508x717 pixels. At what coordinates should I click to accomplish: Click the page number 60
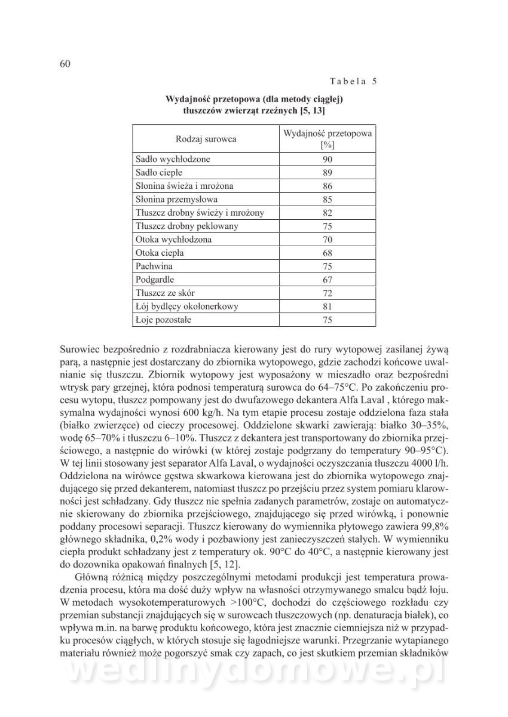(x=66, y=64)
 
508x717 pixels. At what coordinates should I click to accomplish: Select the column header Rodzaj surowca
(x=206, y=139)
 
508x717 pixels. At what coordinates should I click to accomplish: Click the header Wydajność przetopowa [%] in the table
(x=327, y=139)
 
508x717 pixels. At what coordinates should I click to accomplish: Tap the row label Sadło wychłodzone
(x=173, y=160)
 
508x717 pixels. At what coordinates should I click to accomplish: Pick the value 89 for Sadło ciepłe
(x=327, y=173)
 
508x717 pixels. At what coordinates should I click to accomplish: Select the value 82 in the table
(x=327, y=213)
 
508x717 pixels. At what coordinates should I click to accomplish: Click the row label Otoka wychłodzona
(x=173, y=240)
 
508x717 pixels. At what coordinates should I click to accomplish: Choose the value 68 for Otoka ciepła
(x=327, y=253)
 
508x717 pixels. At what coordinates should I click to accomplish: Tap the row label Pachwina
(x=154, y=266)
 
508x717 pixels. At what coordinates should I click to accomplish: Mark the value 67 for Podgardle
(x=327, y=280)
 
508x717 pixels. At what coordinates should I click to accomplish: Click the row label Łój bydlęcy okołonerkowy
(x=187, y=307)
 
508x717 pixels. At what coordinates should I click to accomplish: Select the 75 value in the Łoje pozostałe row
(x=327, y=320)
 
